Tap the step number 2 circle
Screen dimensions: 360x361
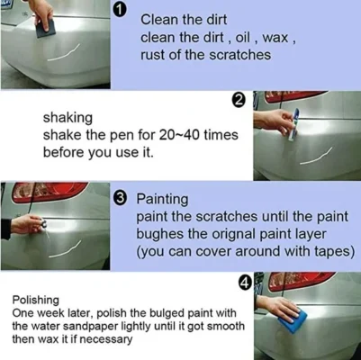[239, 101]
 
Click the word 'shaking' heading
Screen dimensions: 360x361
[67, 116]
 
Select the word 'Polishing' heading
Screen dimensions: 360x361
[37, 300]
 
